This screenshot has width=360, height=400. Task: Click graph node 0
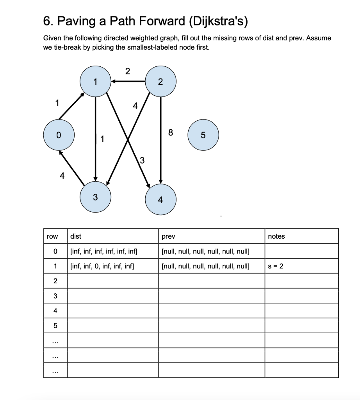[x=59, y=135]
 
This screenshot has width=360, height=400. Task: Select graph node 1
[x=95, y=82]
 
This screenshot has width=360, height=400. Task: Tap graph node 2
[x=160, y=82]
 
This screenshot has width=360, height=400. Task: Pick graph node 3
[x=95, y=196]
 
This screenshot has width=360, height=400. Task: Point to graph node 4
[x=160, y=199]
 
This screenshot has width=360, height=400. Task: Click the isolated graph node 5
[x=203, y=135]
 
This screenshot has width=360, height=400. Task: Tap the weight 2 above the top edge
[x=127, y=71]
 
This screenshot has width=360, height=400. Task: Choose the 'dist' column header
[x=76, y=236]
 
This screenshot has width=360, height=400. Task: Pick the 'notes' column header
[x=276, y=236]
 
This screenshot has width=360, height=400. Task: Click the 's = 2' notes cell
[x=276, y=266]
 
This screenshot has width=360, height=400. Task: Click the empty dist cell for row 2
[x=112, y=281]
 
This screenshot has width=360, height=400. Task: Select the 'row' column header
[x=52, y=236]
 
